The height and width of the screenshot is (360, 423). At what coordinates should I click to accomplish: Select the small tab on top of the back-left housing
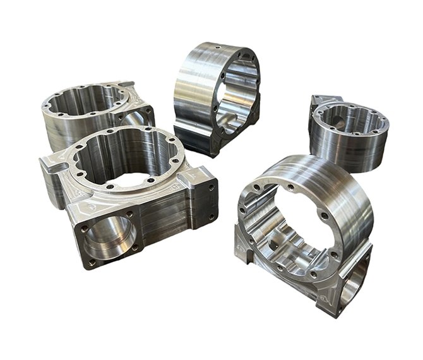click(x=125, y=84)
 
